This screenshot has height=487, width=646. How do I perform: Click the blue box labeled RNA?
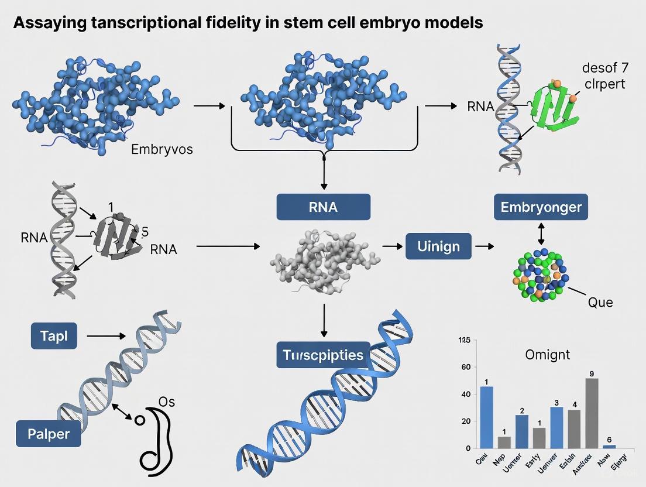(x=324, y=207)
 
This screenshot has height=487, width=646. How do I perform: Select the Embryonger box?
(x=541, y=207)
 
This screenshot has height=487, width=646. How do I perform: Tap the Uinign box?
(x=438, y=246)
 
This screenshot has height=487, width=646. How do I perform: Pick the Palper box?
(x=48, y=434)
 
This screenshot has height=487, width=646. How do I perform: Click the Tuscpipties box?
(x=323, y=355)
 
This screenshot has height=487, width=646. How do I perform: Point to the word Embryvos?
(x=162, y=149)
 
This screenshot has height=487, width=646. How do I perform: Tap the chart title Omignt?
(x=548, y=354)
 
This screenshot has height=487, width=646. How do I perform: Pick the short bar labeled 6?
(x=609, y=446)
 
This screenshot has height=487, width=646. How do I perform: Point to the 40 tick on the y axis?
(x=466, y=394)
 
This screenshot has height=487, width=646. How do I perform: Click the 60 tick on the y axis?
(x=466, y=367)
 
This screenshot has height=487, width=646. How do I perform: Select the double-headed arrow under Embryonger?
(x=541, y=232)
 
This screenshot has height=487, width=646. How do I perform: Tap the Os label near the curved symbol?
(x=167, y=402)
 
